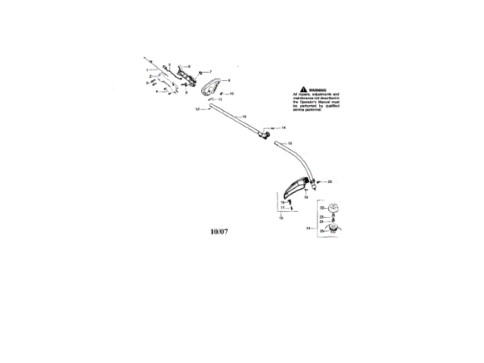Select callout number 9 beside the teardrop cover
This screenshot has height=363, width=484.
pyautogui.click(x=229, y=79)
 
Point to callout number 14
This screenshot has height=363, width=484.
pyautogui.click(x=284, y=128)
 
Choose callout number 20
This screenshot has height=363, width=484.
pyautogui.click(x=330, y=181)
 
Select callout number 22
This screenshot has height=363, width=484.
pyautogui.click(x=321, y=206)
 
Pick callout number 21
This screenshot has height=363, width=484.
pyautogui.click(x=308, y=227)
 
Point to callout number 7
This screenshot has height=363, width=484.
pyautogui.click(x=200, y=71)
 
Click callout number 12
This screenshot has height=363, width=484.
pyautogui.click(x=197, y=109)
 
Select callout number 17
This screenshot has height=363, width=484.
pyautogui.click(x=282, y=207)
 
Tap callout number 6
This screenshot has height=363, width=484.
pyautogui.click(x=188, y=66)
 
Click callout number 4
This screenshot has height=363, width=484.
pyautogui.click(x=157, y=92)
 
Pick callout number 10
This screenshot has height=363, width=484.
pyautogui.click(x=231, y=94)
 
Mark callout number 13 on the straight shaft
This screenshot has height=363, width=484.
pyautogui.click(x=244, y=116)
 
